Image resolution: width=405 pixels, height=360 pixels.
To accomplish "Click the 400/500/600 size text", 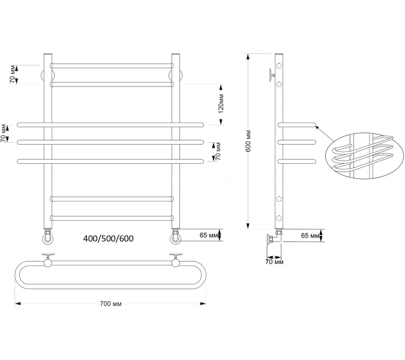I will tap(109, 239).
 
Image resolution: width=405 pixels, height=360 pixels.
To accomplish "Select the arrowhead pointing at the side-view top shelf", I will tap(318, 128).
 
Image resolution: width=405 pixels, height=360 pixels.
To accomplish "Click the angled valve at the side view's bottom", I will tap(274, 238).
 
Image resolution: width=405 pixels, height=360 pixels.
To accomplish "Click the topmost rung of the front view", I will tap(112, 64).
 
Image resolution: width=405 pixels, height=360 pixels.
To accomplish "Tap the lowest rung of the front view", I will tap(112, 217).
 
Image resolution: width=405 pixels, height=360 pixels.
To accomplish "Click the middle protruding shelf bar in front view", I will tap(112, 142).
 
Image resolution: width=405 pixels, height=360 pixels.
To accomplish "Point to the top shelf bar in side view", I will tap(296, 125).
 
